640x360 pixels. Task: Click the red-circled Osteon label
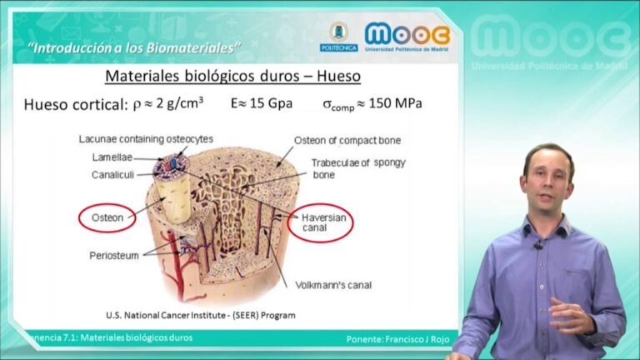tap(107, 217)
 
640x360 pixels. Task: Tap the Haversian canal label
tap(323, 222)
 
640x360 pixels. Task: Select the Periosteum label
tap(114, 256)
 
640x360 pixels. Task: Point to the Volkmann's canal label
tap(333, 285)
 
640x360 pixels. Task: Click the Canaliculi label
tap(112, 175)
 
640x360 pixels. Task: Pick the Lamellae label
tap(112, 157)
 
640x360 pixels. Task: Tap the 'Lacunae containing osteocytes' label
tap(146, 139)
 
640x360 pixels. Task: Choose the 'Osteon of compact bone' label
tap(347, 140)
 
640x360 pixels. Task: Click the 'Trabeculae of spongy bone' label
tap(358, 168)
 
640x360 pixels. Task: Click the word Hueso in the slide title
tap(339, 76)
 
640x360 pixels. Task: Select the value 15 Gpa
tap(271, 103)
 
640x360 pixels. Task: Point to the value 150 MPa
tap(395, 103)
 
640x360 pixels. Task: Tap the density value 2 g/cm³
tap(180, 102)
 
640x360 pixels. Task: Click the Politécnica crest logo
tap(339, 37)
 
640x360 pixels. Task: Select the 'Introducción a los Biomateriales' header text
tap(134, 48)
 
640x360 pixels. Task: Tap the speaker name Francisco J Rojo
tap(417, 339)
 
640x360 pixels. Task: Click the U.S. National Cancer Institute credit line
tap(200, 315)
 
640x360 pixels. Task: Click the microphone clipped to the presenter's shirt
tap(539, 245)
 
